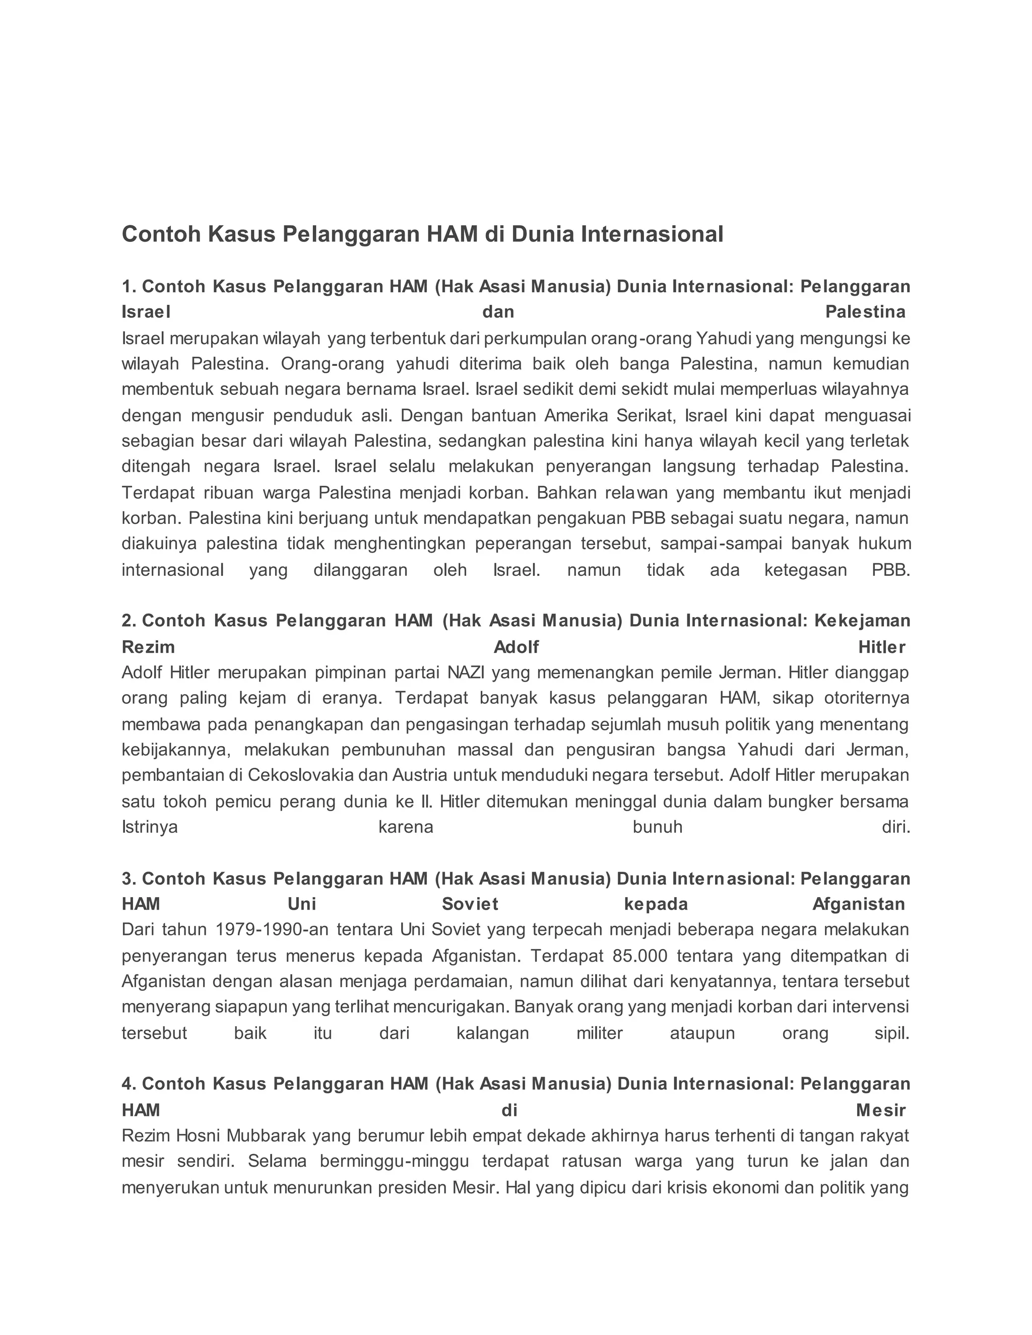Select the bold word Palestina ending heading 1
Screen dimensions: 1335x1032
[x=865, y=312]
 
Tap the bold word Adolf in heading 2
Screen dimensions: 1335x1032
[x=516, y=647]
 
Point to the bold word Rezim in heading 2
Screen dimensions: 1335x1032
[x=148, y=647]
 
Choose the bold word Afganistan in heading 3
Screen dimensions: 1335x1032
[x=858, y=904]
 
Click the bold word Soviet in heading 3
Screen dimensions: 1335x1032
[x=470, y=904]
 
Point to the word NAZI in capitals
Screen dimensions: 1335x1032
[x=466, y=673]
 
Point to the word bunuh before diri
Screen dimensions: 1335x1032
[x=657, y=827]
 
